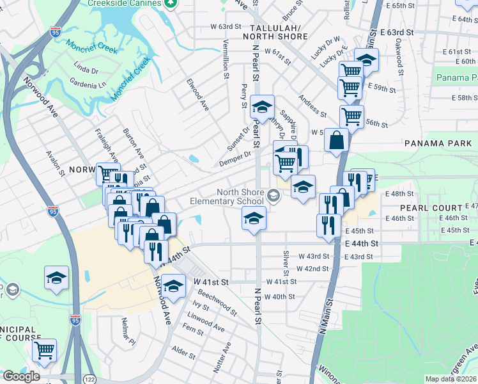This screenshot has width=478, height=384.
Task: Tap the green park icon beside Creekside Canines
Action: click(170, 3)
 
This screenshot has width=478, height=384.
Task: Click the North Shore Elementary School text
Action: click(231, 196)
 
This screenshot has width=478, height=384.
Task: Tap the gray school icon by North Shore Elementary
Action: click(274, 196)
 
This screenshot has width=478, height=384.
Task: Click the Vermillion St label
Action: click(226, 56)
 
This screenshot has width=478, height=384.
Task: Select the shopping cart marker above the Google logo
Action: click(44, 349)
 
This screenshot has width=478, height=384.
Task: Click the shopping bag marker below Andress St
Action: click(336, 140)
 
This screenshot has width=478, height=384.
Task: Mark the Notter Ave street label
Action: click(226, 355)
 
